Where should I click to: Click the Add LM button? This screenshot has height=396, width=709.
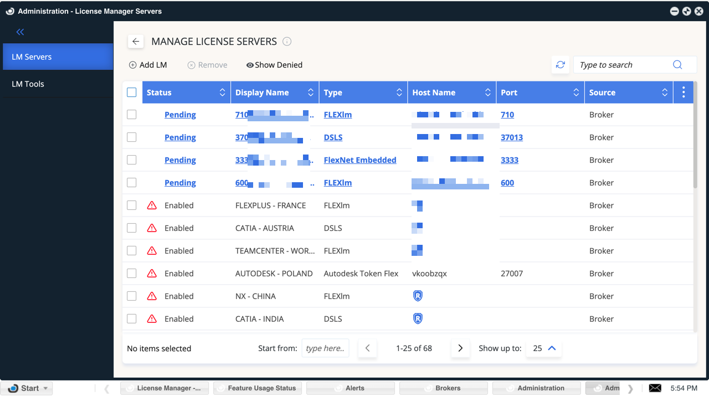click(148, 65)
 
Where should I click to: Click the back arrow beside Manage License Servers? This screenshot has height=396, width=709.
click(136, 42)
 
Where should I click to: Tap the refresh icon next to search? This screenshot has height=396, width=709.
click(561, 65)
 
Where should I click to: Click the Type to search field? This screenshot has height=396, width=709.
click(623, 65)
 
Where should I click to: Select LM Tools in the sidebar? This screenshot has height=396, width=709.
click(28, 84)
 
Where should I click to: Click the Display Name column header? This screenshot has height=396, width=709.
click(262, 92)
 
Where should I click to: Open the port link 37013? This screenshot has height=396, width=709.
click(512, 137)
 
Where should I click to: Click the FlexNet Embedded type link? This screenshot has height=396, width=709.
click(360, 160)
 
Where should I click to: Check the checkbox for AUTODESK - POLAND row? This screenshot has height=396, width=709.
click(132, 274)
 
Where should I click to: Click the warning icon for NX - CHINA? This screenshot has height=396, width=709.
click(152, 296)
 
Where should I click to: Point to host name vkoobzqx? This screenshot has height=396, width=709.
click(429, 274)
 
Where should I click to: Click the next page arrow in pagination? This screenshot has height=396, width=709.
click(460, 348)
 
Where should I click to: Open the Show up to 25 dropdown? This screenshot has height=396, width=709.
click(544, 348)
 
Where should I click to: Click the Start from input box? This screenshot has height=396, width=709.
click(325, 348)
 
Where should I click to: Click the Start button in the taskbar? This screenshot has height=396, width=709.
click(27, 388)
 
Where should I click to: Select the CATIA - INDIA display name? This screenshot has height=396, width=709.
click(259, 319)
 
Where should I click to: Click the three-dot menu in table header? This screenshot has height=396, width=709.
click(684, 92)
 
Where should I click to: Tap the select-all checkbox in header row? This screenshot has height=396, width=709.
click(132, 92)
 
